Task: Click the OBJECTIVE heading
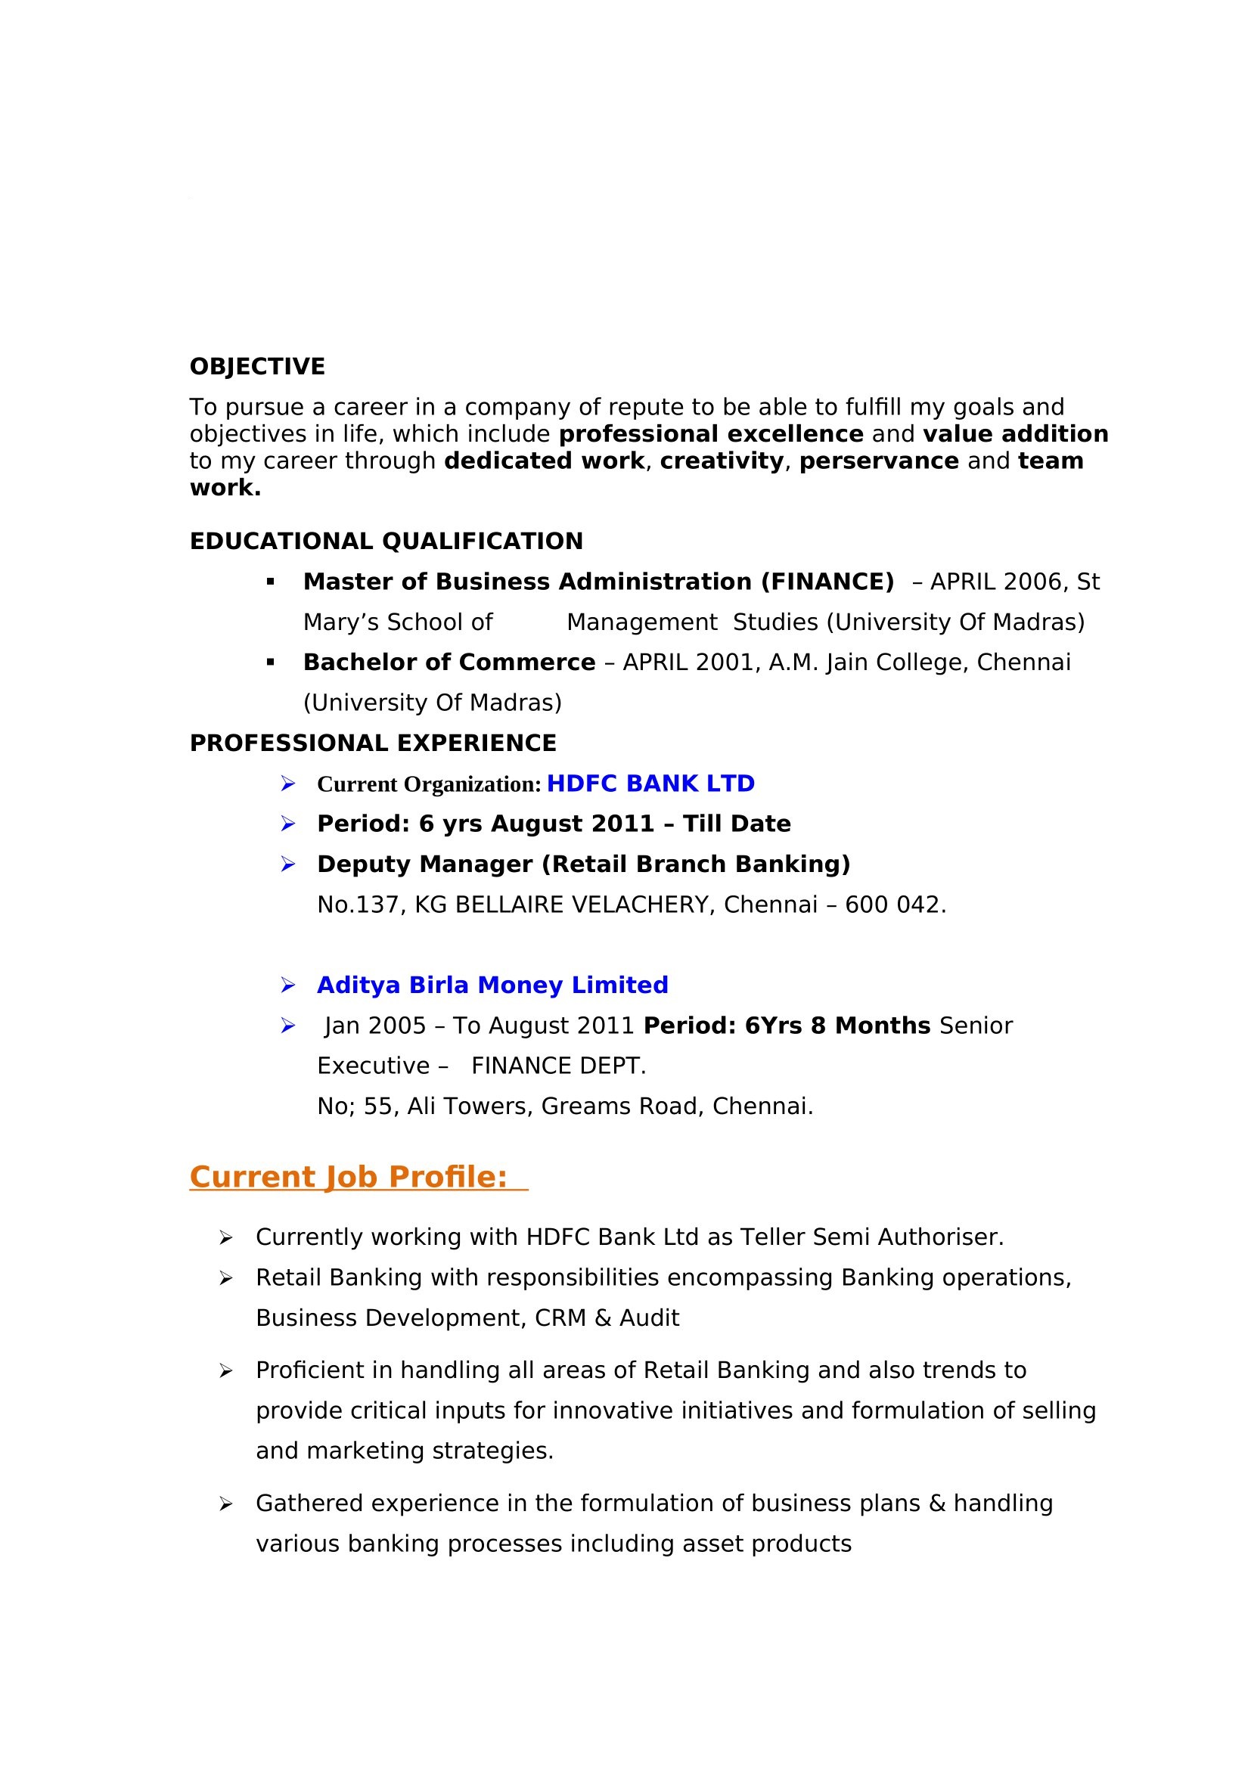coord(257,367)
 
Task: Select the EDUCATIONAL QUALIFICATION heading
coord(386,542)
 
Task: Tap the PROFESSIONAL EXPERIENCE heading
coord(373,743)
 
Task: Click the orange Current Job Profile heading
coord(348,1178)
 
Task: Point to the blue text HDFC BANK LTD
coord(650,784)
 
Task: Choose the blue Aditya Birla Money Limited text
coord(492,985)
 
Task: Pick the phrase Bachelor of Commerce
coord(449,663)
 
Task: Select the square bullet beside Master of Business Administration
coord(270,582)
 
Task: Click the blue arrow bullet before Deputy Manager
coord(288,865)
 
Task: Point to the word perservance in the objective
coord(879,461)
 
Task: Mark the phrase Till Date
coord(737,824)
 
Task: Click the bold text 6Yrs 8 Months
coord(837,1026)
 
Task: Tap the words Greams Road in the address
coord(622,1106)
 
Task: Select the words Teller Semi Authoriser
coord(871,1237)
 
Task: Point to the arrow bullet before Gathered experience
coord(225,1504)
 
